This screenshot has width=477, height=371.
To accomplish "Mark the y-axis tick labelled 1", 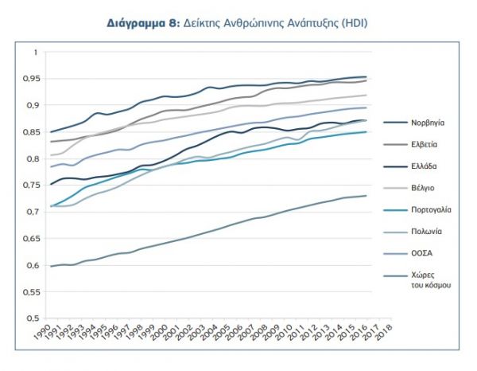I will coord(34,53).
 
